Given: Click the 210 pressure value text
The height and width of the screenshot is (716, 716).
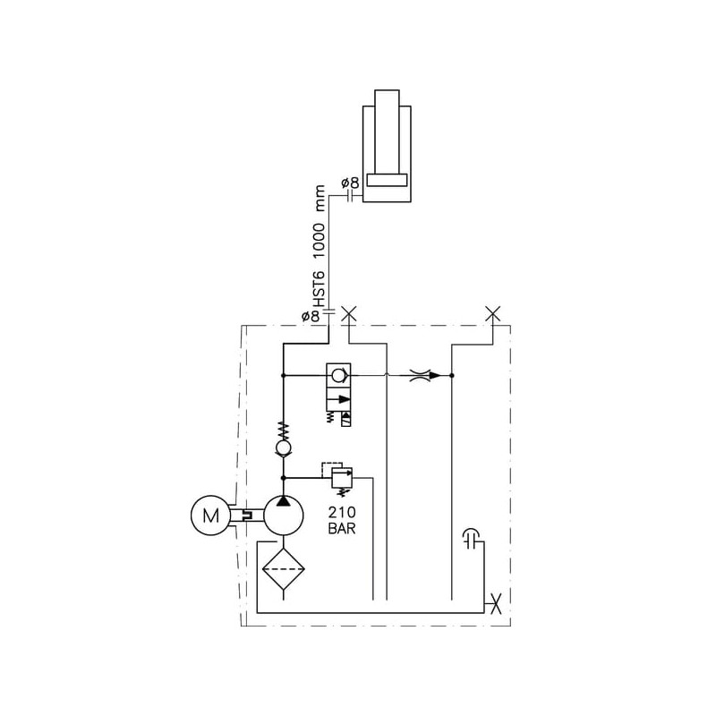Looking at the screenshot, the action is (x=342, y=512).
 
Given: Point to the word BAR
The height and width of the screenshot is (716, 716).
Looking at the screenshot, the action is (x=342, y=528).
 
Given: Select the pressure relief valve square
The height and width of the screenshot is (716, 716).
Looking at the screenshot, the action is (x=342, y=478).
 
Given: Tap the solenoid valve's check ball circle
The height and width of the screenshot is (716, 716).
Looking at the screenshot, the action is (x=338, y=375).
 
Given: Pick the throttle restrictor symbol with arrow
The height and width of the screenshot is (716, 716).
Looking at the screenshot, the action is (x=425, y=375).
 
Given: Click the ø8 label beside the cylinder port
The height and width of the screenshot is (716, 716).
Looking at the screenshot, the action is (x=350, y=183).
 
